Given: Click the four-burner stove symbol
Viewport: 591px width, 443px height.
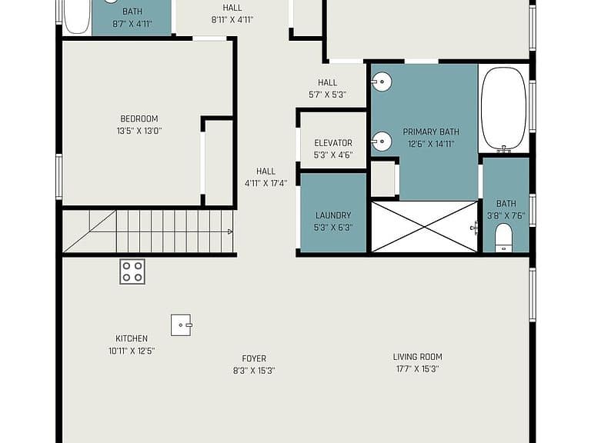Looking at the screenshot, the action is point(132,271).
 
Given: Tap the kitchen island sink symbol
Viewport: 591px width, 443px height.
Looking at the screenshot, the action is point(182,325).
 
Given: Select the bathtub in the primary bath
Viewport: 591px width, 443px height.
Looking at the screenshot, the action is point(503,110).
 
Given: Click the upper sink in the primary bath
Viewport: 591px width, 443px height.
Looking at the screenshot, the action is point(382,82).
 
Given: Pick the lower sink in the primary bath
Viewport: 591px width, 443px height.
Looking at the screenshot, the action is point(382,142).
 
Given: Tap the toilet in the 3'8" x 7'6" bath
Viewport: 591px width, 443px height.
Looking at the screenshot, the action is point(503,238).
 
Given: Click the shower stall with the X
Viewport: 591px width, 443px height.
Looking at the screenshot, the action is point(425,227).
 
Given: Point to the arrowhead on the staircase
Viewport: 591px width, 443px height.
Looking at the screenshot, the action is point(230,231).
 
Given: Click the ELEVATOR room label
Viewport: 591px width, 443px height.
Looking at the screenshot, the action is point(333,143).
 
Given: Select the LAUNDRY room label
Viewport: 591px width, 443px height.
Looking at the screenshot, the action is point(333,215).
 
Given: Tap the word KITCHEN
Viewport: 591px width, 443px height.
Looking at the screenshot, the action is point(132,338).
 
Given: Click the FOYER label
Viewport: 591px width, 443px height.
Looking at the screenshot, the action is point(254,358).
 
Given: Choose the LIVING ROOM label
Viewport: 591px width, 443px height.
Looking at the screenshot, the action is point(418,357).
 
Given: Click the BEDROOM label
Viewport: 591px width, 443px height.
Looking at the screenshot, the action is point(139,118).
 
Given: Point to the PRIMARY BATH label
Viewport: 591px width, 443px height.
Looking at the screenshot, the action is point(431,132).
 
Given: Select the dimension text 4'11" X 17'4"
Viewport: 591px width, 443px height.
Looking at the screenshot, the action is point(266,184).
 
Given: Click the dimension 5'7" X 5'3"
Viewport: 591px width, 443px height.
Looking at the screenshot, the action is point(328,95).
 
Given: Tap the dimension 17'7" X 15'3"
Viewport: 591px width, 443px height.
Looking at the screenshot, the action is point(418,369).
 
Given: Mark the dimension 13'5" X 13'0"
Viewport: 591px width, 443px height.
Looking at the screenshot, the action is point(139,131).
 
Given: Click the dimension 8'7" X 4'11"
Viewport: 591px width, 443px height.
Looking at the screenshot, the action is point(132,24).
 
